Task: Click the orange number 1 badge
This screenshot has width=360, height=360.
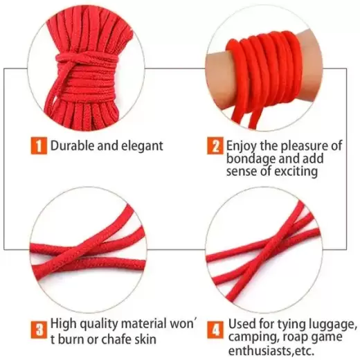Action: point(38,145)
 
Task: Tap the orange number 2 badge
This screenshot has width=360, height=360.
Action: point(215,145)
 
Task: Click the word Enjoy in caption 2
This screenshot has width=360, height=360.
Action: point(243,145)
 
